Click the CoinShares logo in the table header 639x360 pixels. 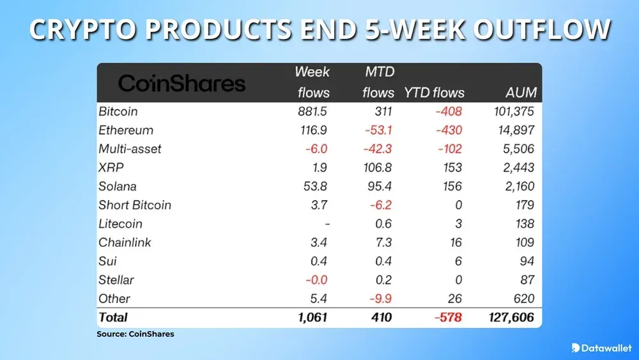[181, 83]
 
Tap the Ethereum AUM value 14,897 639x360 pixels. [514, 130]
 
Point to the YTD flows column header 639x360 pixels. [434, 93]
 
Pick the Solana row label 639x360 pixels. [118, 186]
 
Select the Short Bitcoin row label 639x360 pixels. [135, 205]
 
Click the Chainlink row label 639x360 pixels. [126, 242]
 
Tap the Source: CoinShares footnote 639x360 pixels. [135, 334]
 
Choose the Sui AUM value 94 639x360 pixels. [527, 261]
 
